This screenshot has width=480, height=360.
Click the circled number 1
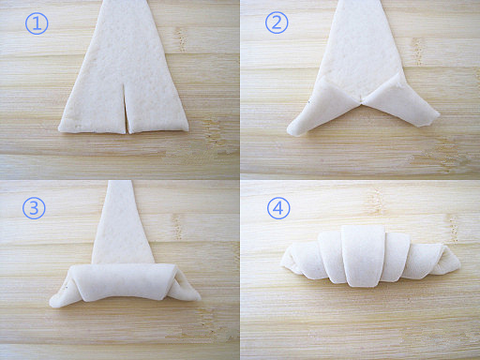click(x=37, y=23)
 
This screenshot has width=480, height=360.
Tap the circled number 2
click(x=277, y=22)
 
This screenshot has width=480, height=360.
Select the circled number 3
click(x=34, y=207)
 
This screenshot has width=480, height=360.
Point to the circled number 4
click(x=278, y=207)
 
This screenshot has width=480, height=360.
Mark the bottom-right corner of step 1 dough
click(x=188, y=129)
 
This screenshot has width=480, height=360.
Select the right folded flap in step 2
click(x=401, y=100)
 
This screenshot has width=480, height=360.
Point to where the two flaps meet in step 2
click(x=362, y=100)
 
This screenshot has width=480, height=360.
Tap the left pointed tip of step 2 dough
click(x=289, y=130)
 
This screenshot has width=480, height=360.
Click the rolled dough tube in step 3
click(x=124, y=282)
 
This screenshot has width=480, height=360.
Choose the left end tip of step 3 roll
click(x=52, y=303)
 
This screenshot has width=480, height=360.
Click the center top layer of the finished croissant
click(x=364, y=256)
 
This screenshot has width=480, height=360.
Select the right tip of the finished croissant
click(x=458, y=265)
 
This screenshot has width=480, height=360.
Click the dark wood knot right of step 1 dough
click(x=180, y=39)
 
